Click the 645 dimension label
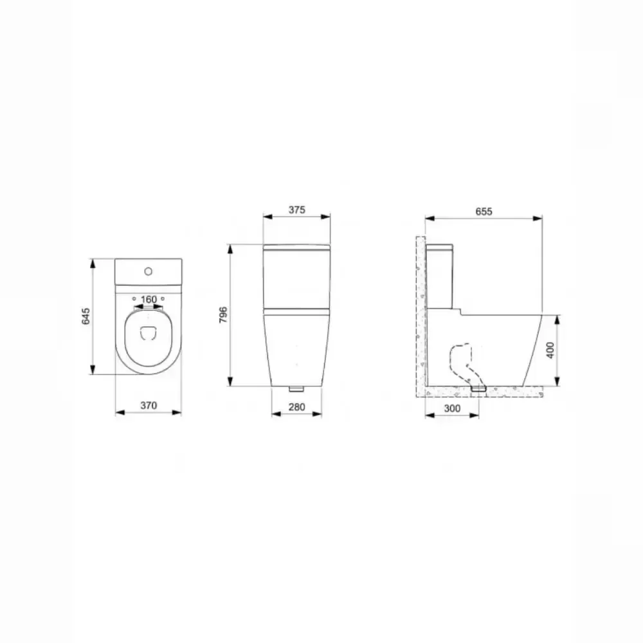[85, 316]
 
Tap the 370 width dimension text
[148, 406]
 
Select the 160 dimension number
[149, 299]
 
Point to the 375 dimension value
[296, 210]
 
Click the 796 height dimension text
[222, 315]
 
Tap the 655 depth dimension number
[483, 212]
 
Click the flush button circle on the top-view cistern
[149, 271]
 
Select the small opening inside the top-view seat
[148, 332]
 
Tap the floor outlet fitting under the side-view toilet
[478, 388]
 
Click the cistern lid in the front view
[296, 248]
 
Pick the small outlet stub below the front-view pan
[296, 389]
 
